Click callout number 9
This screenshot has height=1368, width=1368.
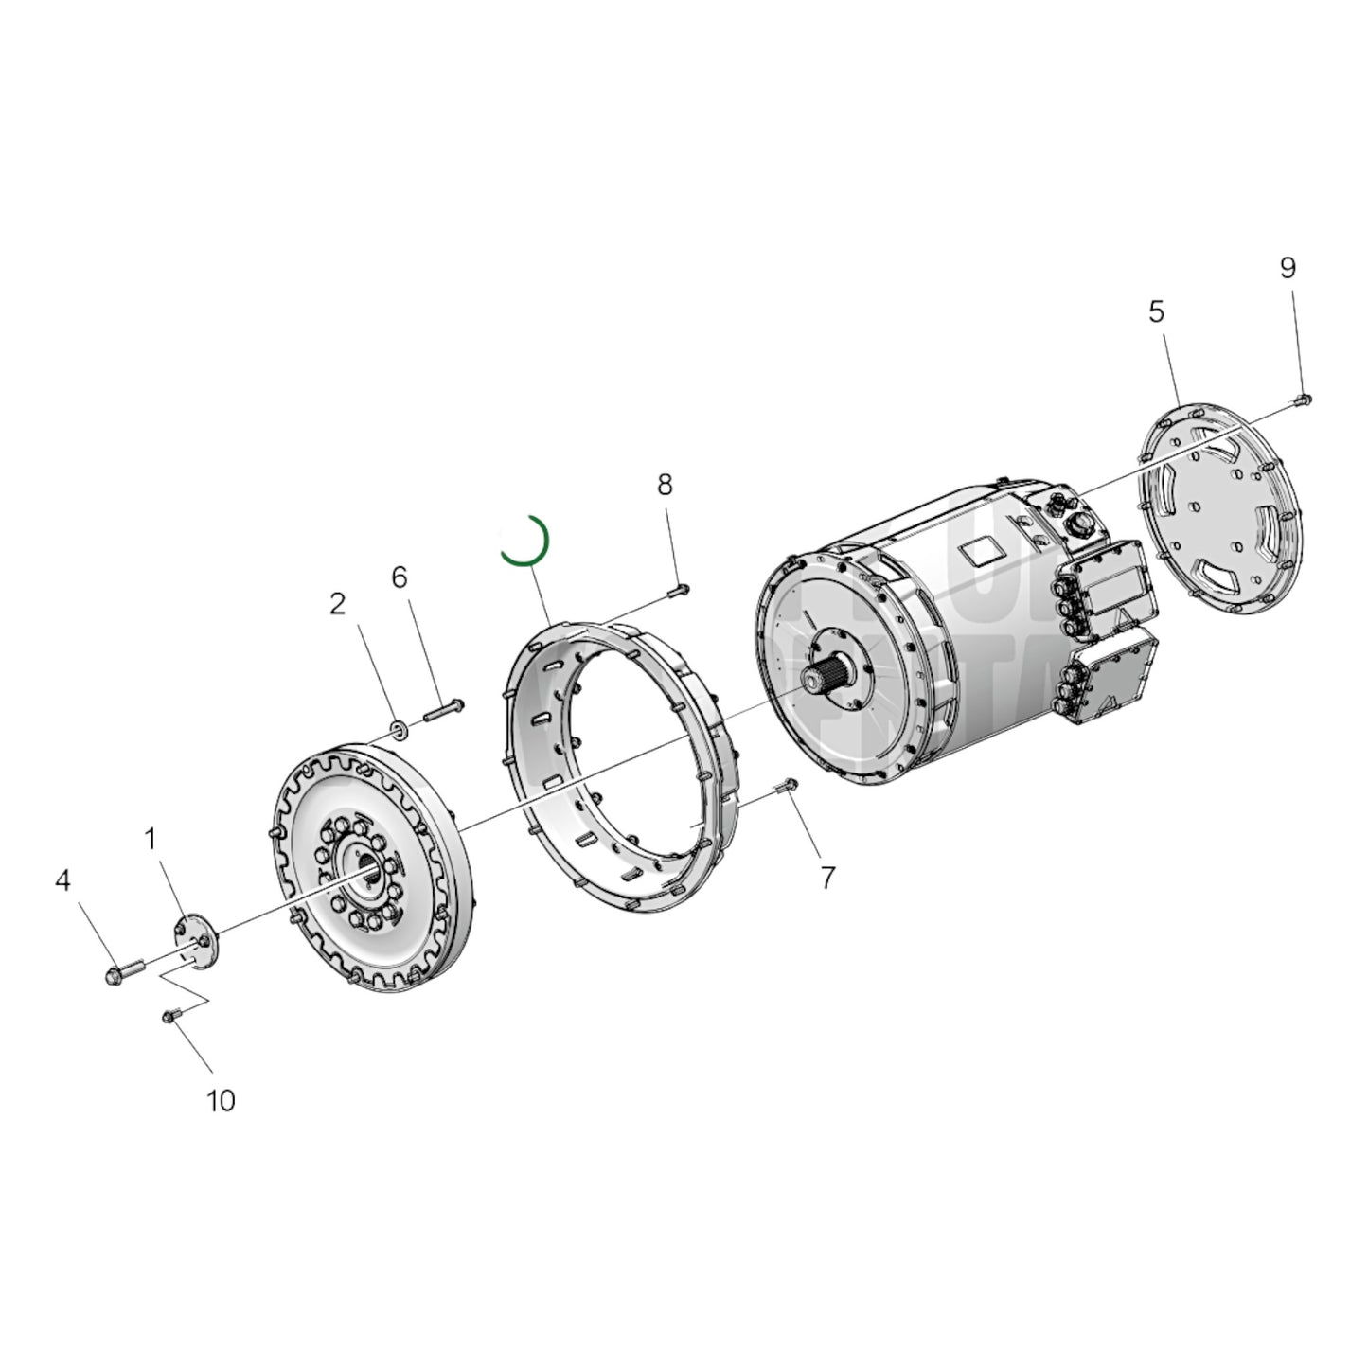click(x=1288, y=269)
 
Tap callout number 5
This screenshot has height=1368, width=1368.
click(x=1157, y=311)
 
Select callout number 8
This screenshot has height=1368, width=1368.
click(x=665, y=485)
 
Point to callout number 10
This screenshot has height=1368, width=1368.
click(x=221, y=1101)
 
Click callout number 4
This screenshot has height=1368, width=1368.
click(x=62, y=881)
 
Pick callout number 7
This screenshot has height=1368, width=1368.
click(x=827, y=879)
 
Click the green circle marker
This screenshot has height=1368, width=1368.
click(x=524, y=541)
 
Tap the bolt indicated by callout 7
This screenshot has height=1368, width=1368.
click(x=788, y=786)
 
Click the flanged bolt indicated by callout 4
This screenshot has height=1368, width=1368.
click(x=123, y=970)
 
